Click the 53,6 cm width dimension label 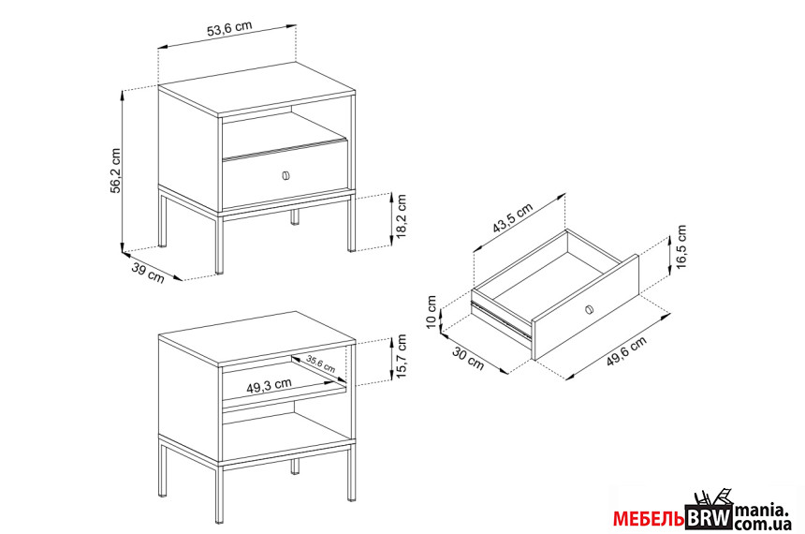point(229,29)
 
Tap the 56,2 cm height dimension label point(115,171)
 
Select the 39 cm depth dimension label point(148,272)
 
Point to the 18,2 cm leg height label point(401,215)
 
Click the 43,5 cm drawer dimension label point(512,218)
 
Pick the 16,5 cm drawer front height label point(681,247)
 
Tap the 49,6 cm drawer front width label point(626,350)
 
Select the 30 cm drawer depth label point(468,358)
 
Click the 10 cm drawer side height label point(432,311)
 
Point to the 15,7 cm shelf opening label point(401,357)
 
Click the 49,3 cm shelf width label point(269,386)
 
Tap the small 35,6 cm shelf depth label point(321,363)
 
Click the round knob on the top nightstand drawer point(285,175)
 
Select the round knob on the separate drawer point(590,309)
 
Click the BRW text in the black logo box point(709,518)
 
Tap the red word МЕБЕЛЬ point(649,519)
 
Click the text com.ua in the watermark point(762,524)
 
